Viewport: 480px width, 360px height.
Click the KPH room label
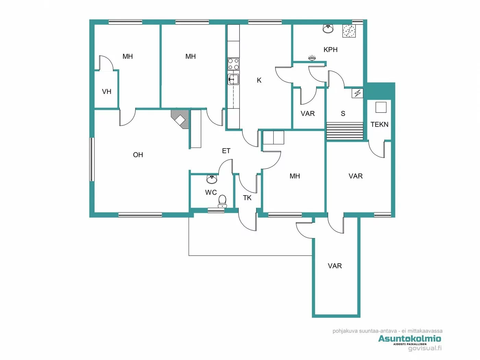coord(331,50)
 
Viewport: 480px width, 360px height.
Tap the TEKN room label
coord(379,124)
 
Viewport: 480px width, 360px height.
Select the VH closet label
coord(107,92)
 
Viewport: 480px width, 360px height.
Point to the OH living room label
coord(138,155)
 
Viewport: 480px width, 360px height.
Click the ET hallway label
coord(226,151)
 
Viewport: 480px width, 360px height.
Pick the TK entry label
coord(247,198)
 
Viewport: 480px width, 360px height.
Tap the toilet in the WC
coord(223,201)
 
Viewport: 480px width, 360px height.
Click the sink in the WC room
coord(212,179)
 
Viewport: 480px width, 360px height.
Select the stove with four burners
coord(233,64)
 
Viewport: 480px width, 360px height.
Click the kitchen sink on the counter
coord(233,79)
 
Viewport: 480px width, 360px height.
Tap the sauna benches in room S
coord(345,131)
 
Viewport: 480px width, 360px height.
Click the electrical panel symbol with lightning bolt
coord(358,93)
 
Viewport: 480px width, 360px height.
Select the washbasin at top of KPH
coord(328,29)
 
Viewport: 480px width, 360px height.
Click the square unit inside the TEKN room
coord(381,107)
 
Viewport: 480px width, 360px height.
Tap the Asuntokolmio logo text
coord(409,339)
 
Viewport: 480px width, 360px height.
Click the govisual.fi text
coord(425,348)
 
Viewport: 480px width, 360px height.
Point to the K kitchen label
coord(259,80)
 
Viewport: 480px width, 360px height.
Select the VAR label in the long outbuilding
coord(335,266)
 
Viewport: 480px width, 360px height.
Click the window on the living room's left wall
coord(92,159)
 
